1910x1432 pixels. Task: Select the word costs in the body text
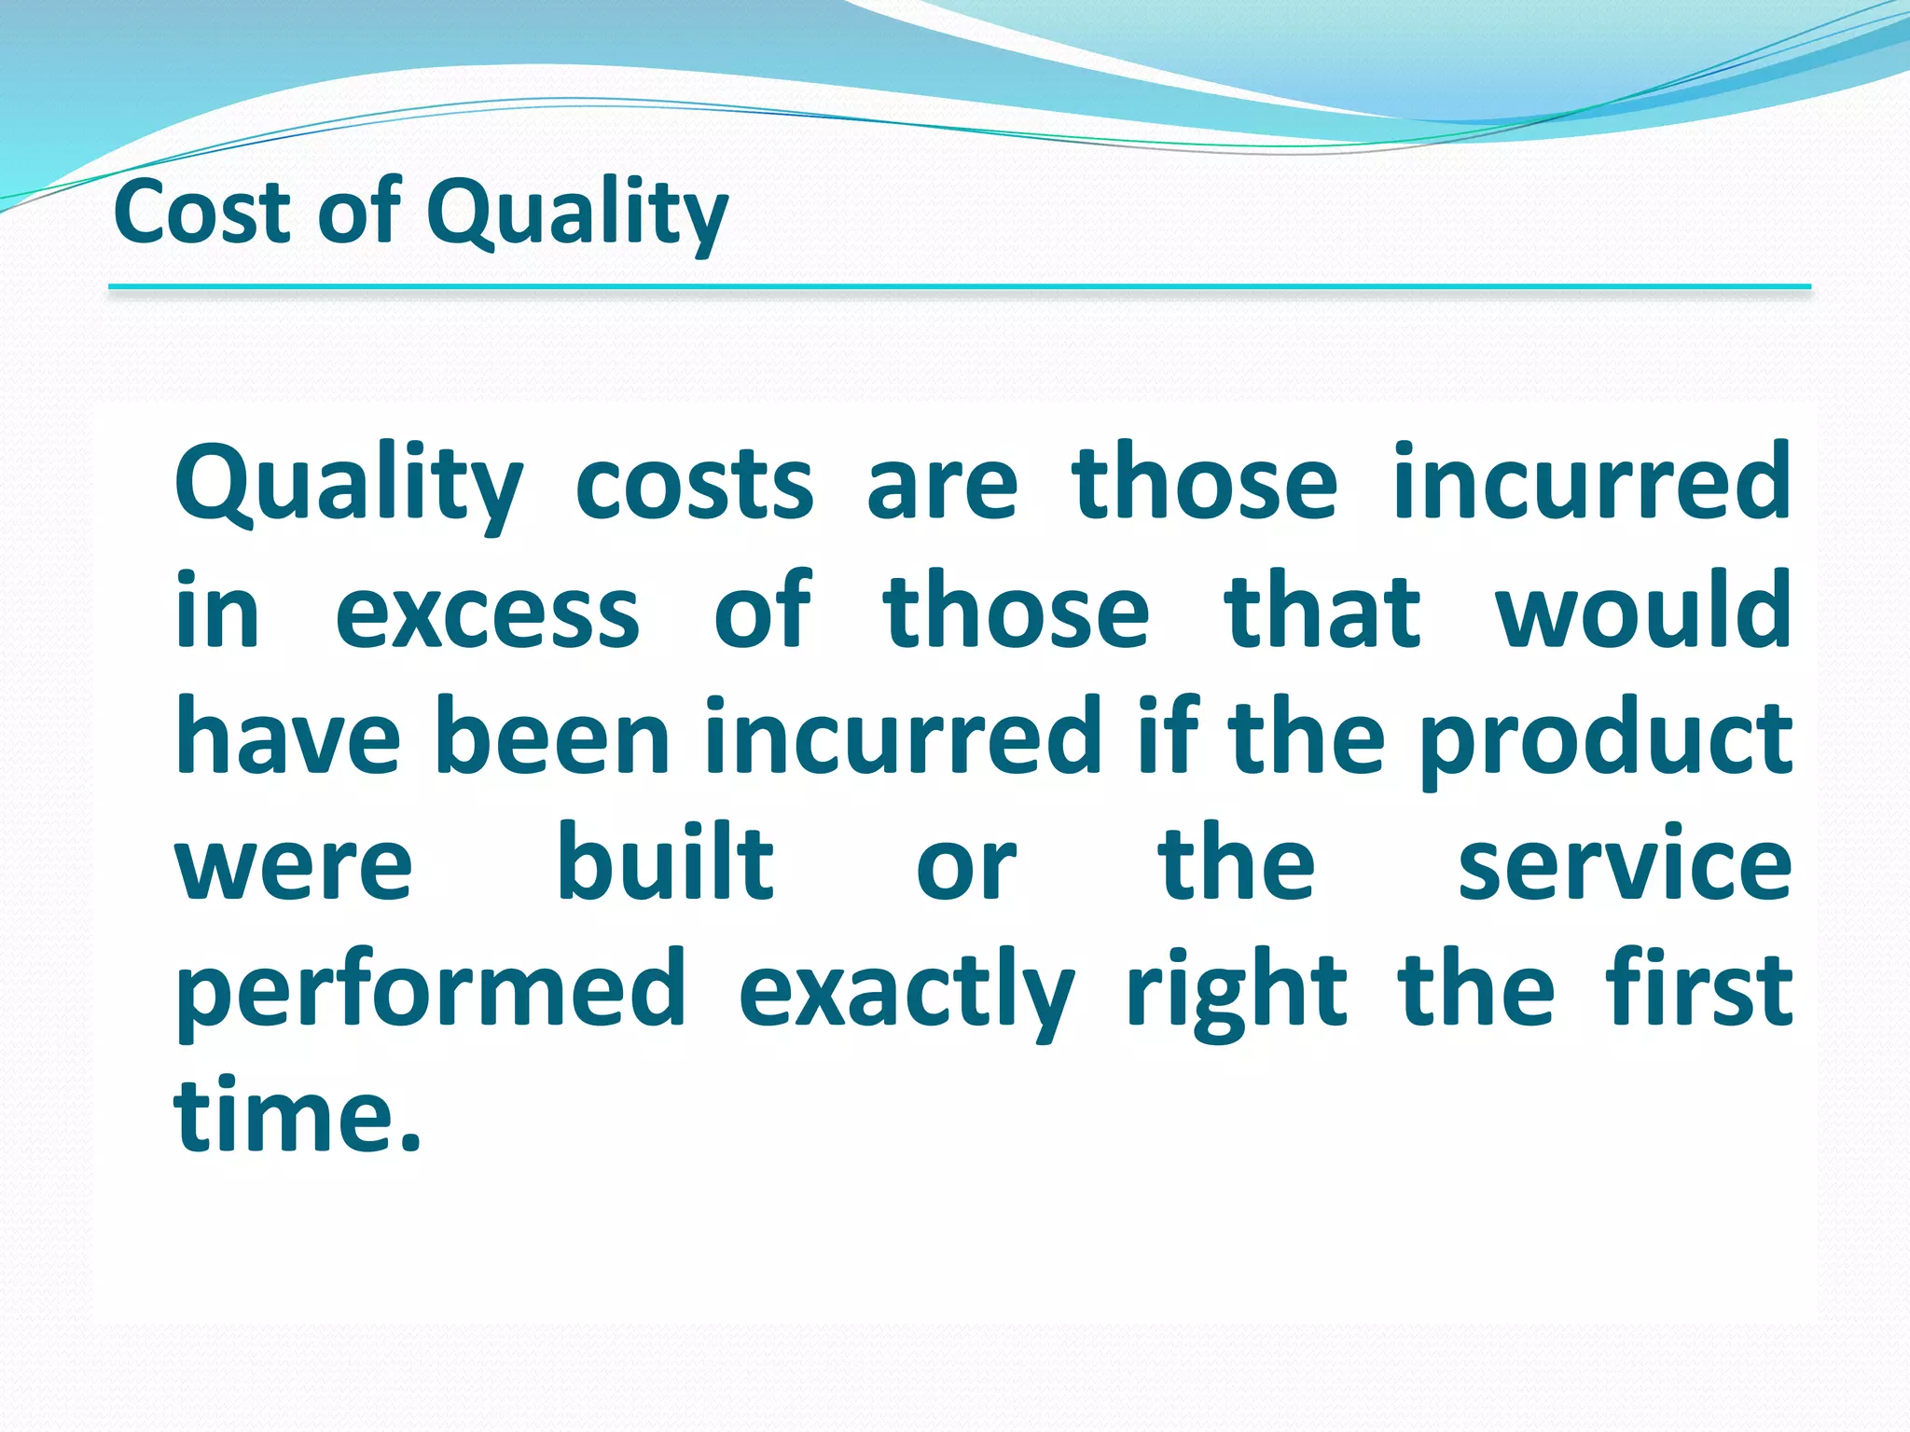pyautogui.click(x=694, y=485)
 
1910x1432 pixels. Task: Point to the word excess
pyautogui.click(x=487, y=612)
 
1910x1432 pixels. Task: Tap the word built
pyautogui.click(x=665, y=863)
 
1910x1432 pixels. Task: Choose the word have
pyautogui.click(x=287, y=737)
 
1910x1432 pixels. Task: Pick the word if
pyautogui.click(x=1168, y=737)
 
